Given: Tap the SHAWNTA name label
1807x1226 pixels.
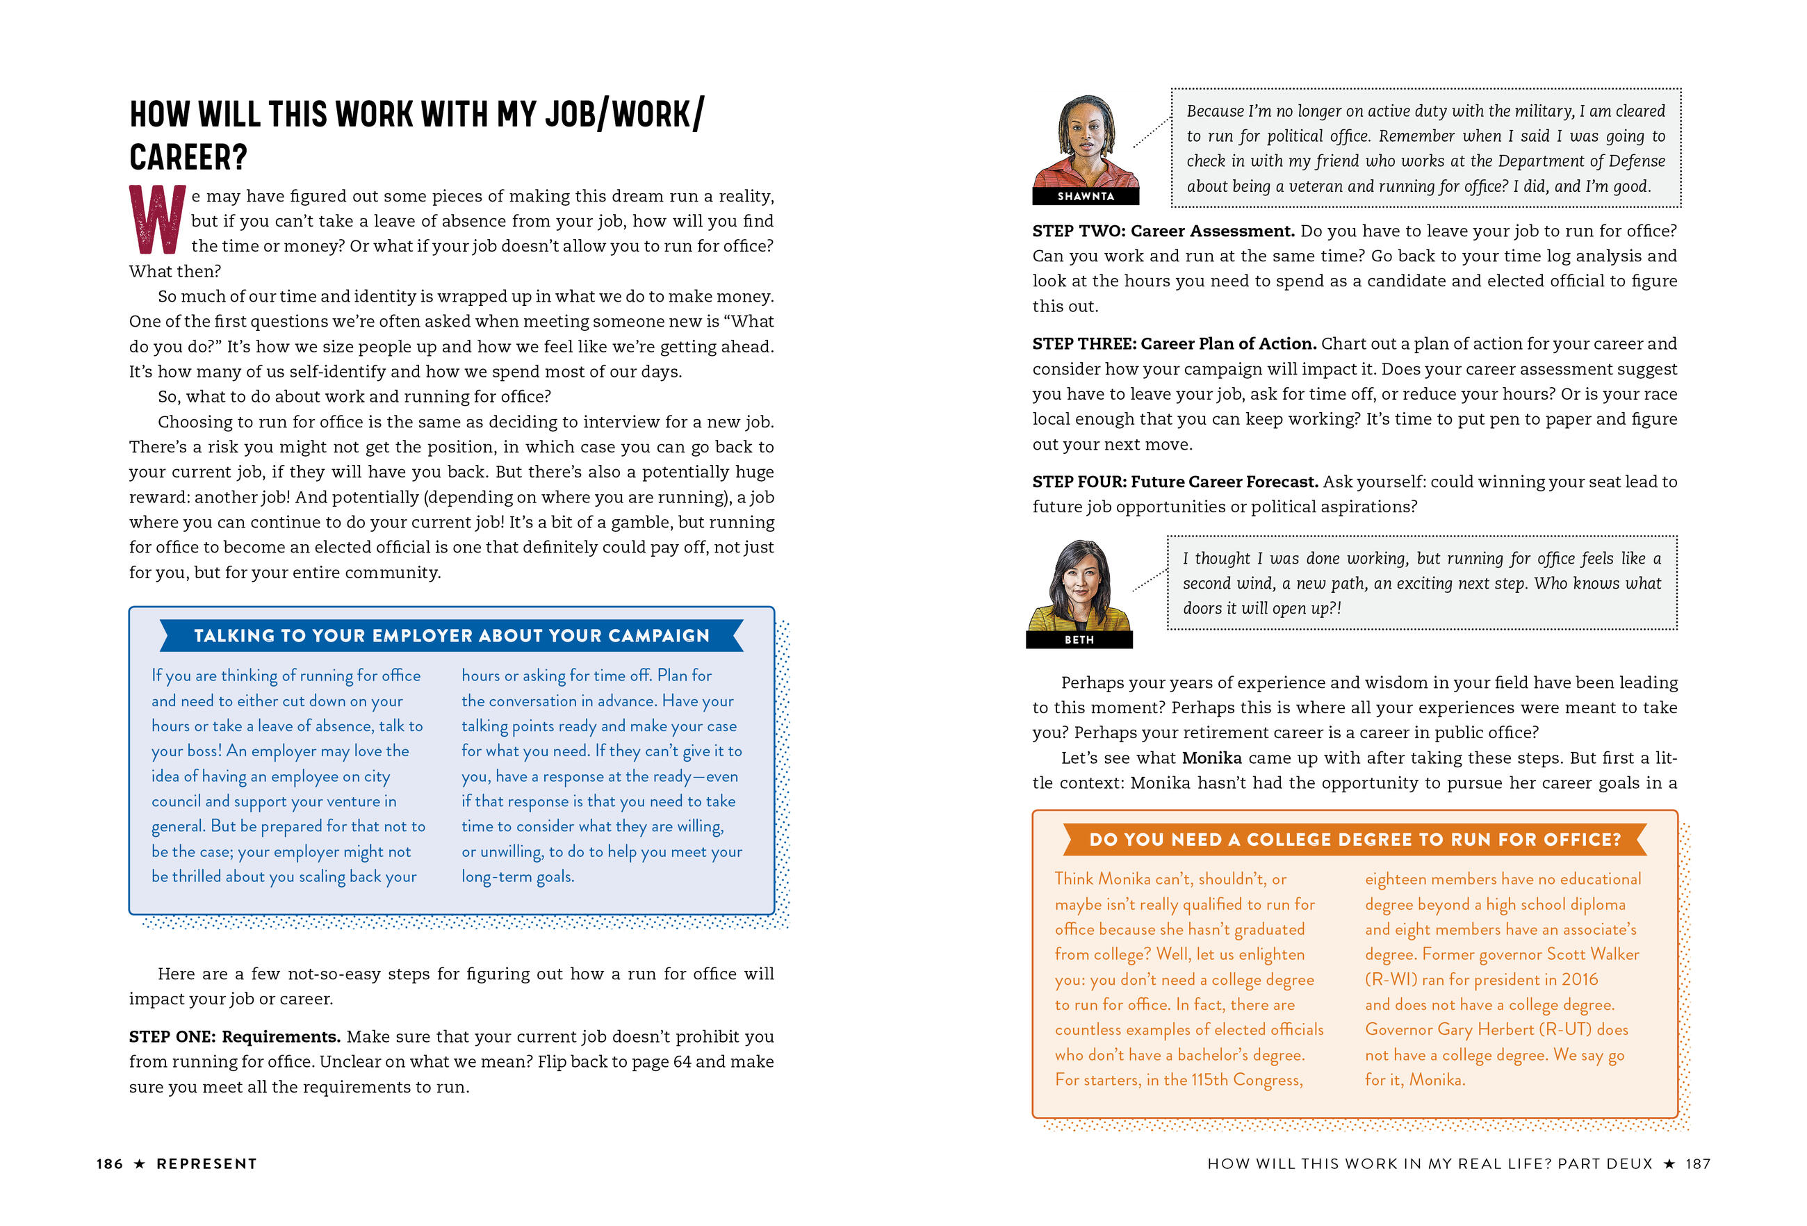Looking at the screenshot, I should (1086, 196).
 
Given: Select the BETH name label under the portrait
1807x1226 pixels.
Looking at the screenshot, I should (1079, 639).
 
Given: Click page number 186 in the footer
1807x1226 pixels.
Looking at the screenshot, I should (110, 1164).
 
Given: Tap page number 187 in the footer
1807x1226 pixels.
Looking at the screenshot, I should (1697, 1164).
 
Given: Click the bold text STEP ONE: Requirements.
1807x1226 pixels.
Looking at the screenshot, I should (235, 1036).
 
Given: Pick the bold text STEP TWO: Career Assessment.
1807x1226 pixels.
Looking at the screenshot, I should (1163, 231).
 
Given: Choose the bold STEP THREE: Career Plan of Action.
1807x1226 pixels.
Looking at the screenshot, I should (1173, 343).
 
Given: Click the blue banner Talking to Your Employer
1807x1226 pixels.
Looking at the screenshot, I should (451, 636).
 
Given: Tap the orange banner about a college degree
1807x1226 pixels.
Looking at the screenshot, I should (1355, 840).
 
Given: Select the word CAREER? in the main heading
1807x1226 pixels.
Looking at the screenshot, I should (188, 158).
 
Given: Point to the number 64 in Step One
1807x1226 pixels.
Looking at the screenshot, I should (681, 1061).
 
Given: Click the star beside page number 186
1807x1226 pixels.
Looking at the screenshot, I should (139, 1164).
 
